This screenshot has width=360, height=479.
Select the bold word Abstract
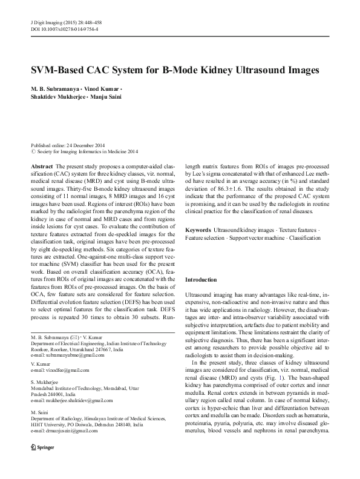click(x=41, y=165)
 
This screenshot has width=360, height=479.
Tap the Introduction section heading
click(x=201, y=279)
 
